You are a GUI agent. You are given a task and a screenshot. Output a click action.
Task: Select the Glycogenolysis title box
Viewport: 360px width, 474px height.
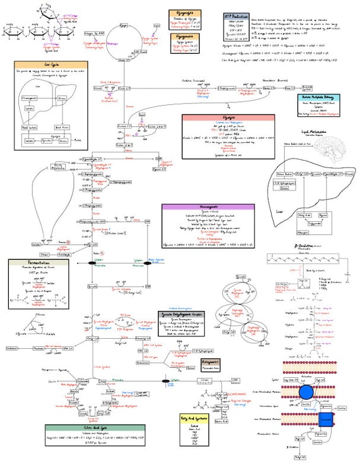184,13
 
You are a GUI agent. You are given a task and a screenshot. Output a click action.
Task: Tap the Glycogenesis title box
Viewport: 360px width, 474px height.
184,37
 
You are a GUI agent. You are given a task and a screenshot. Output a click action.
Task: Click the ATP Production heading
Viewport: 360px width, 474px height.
237,15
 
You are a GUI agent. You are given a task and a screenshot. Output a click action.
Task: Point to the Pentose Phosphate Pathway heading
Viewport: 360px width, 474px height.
319,98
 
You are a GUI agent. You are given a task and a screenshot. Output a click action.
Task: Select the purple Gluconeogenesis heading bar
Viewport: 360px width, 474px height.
208,207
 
